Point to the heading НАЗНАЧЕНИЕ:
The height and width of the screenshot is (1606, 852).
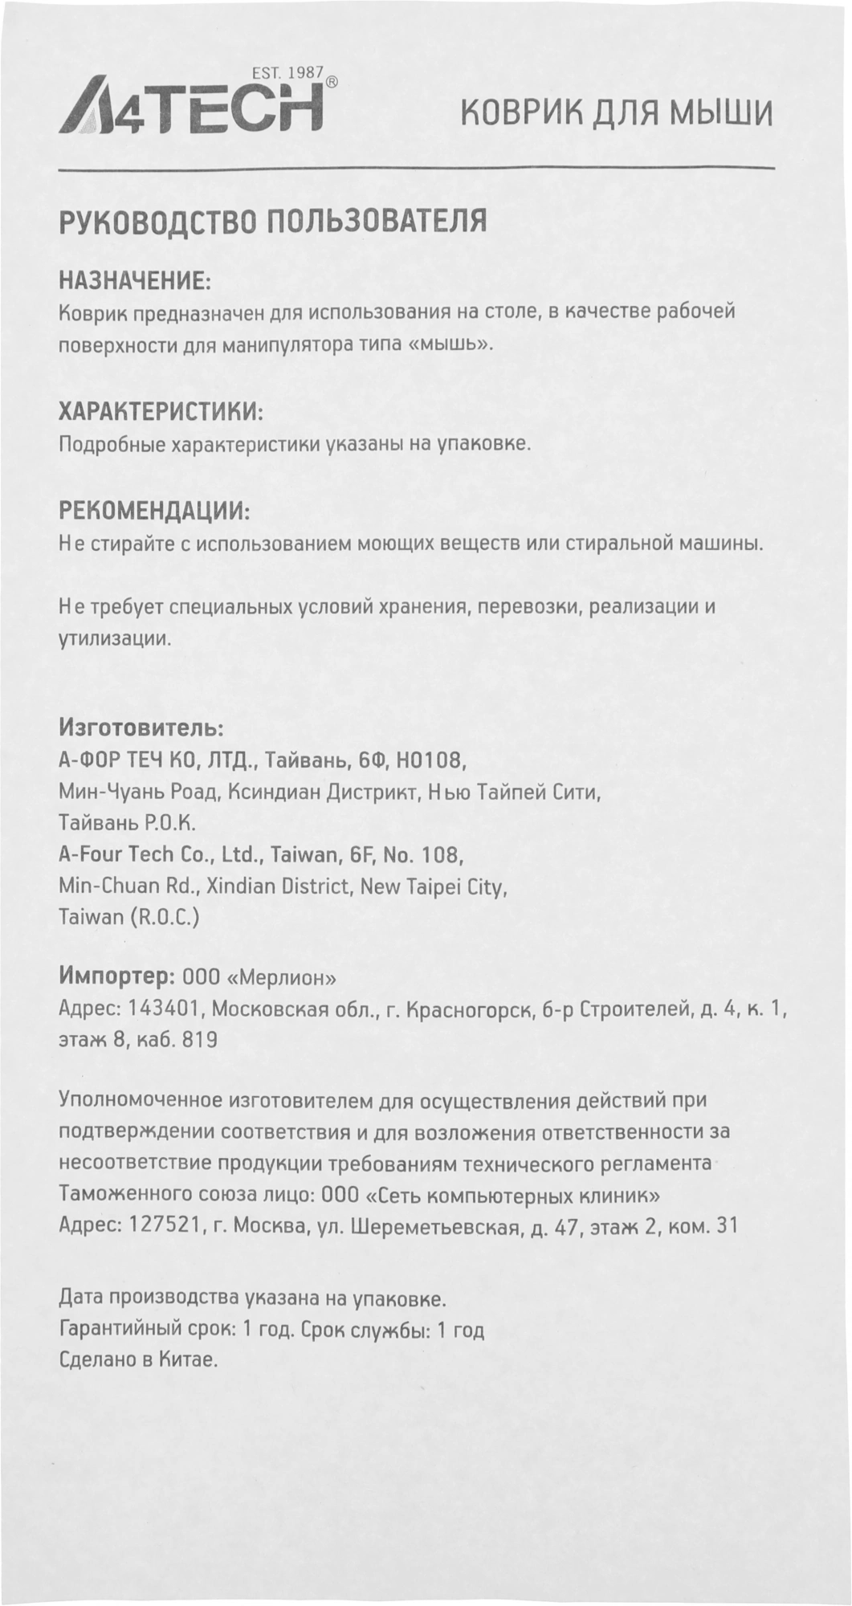tap(135, 280)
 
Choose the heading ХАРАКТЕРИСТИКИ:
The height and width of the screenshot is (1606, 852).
tap(161, 413)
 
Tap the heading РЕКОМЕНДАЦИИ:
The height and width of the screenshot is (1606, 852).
tap(154, 511)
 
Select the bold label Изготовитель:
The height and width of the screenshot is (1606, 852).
tap(141, 728)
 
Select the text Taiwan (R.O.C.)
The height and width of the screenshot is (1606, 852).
tap(129, 916)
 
